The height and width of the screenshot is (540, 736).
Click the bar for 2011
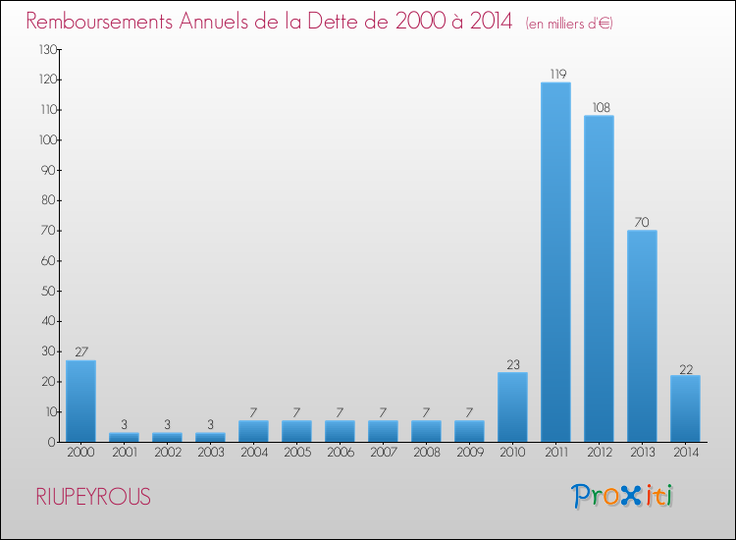pyautogui.click(x=555, y=261)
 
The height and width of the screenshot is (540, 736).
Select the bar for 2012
pyautogui.click(x=599, y=278)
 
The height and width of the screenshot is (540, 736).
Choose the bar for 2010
pyautogui.click(x=512, y=406)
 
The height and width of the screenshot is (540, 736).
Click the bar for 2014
pyautogui.click(x=685, y=408)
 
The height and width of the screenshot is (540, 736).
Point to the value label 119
pyautogui.click(x=555, y=74)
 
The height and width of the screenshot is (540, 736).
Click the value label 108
pyautogui.click(x=599, y=107)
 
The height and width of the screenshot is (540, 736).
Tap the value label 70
pyautogui.click(x=642, y=222)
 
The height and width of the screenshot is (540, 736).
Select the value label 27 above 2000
pyautogui.click(x=80, y=352)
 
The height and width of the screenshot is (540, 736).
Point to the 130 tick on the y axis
pyautogui.click(x=45, y=49)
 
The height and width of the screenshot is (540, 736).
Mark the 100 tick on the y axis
pyautogui.click(x=45, y=139)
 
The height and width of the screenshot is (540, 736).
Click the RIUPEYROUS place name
pyautogui.click(x=92, y=497)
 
